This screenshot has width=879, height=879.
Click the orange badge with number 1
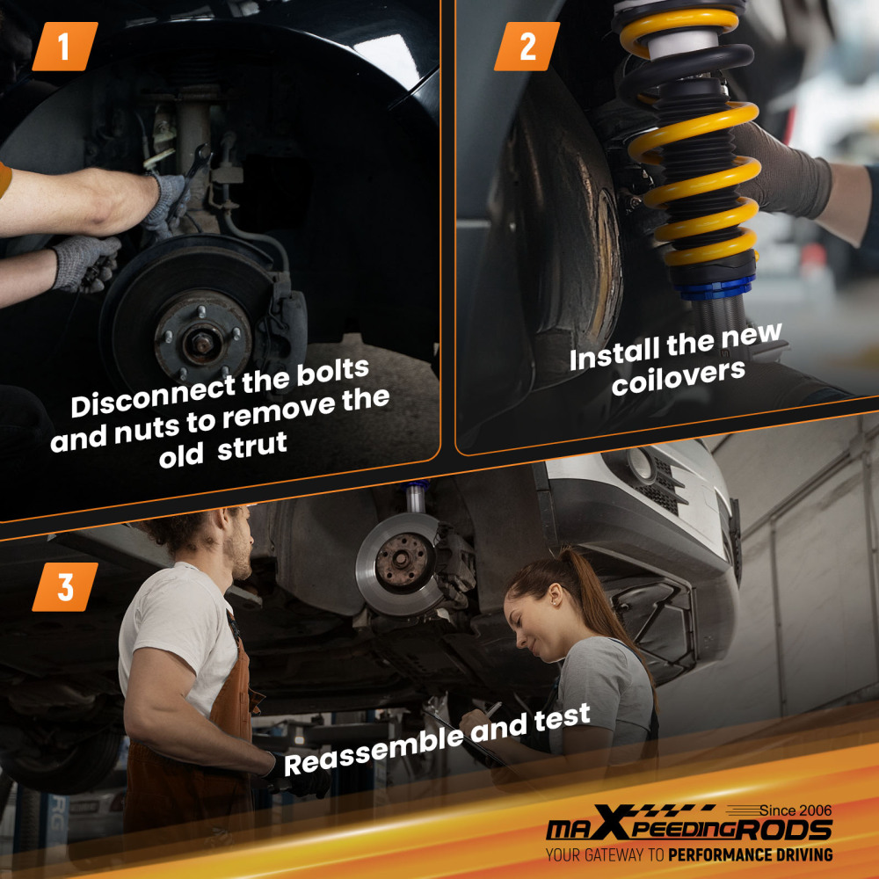65,47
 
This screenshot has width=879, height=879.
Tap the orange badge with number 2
527,47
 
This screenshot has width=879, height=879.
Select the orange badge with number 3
65,587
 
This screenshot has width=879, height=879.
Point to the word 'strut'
252,447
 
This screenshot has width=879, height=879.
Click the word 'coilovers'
679,377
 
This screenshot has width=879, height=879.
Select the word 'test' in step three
563,717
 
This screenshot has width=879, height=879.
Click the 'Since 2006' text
795,810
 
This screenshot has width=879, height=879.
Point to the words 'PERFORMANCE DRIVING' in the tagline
750,855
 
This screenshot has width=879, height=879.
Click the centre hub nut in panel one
201,342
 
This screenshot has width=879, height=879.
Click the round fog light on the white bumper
640,462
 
